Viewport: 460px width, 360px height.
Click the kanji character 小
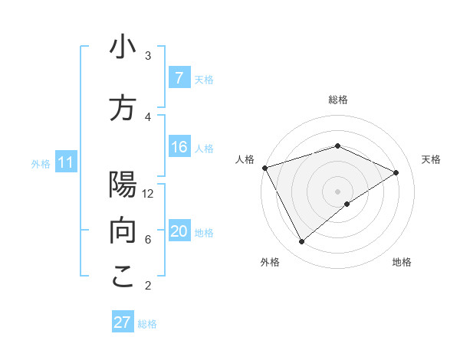pyautogui.click(x=123, y=47)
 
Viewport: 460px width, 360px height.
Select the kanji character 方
pyautogui.click(x=123, y=108)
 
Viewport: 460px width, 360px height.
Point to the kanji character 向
pyautogui.click(x=123, y=231)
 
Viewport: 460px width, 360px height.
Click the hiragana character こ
pyautogui.click(x=123, y=277)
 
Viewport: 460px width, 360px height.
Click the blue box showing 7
pyautogui.click(x=179, y=78)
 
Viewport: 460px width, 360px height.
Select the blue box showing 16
pyautogui.click(x=179, y=148)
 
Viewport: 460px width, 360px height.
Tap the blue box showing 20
pyautogui.click(x=179, y=232)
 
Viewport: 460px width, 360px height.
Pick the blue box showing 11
pyautogui.click(x=65, y=162)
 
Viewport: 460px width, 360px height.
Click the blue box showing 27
pyautogui.click(x=123, y=322)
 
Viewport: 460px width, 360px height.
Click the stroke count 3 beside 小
pyautogui.click(x=148, y=56)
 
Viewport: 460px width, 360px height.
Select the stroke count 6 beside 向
pyautogui.click(x=148, y=240)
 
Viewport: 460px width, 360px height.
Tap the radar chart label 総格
pyautogui.click(x=338, y=100)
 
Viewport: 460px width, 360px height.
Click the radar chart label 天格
pyautogui.click(x=432, y=159)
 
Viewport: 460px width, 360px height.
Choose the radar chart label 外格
pyautogui.click(x=270, y=262)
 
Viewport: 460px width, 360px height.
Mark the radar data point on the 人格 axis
pyautogui.click(x=264, y=168)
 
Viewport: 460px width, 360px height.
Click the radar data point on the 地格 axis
pyautogui.click(x=347, y=204)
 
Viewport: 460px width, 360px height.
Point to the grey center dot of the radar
pyautogui.click(x=338, y=191)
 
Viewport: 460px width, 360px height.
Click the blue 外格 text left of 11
pyautogui.click(x=41, y=163)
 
